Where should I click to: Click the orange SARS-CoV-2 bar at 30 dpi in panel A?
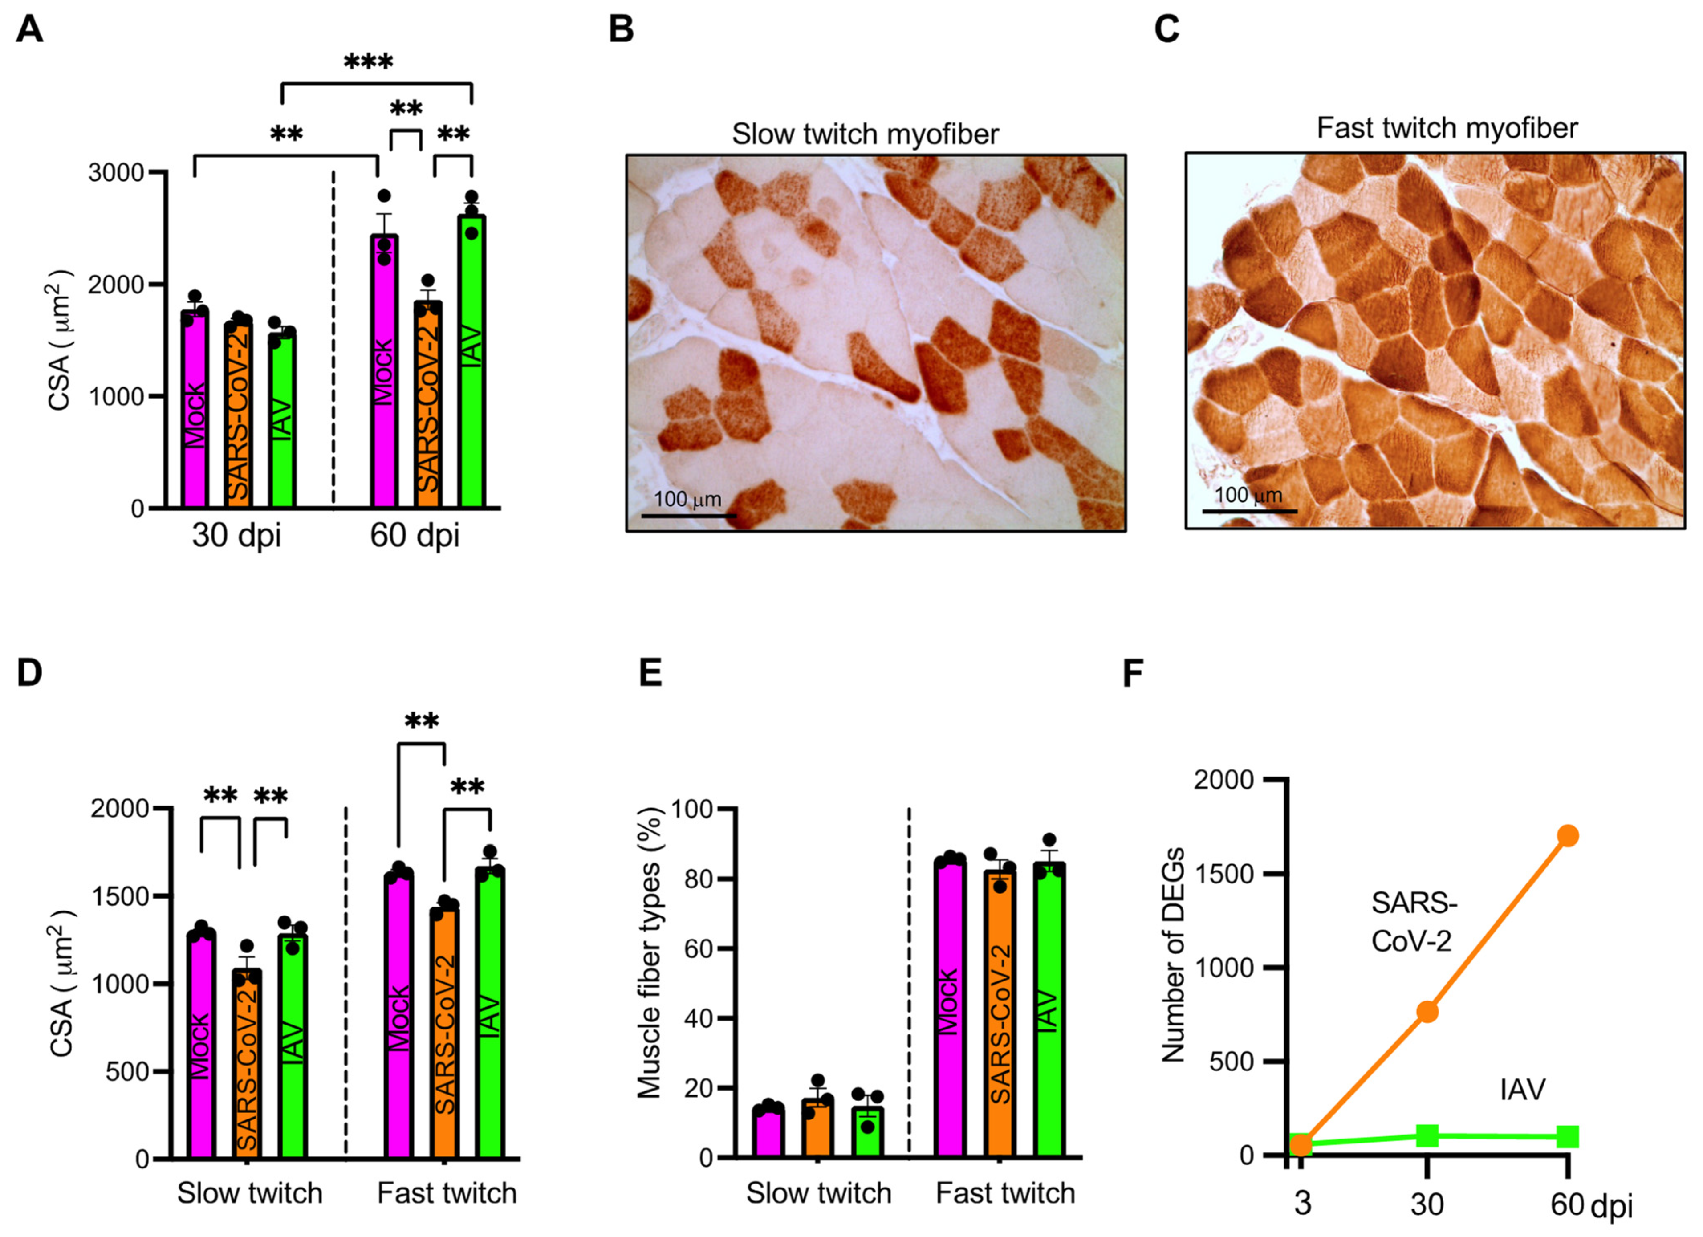239,413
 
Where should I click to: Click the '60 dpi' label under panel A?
415,536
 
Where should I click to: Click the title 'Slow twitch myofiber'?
865,134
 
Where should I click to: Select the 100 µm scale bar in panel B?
688,515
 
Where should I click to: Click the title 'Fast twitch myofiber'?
1447,128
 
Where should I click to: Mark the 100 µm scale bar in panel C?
1249,511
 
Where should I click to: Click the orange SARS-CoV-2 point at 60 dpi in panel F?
1568,836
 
